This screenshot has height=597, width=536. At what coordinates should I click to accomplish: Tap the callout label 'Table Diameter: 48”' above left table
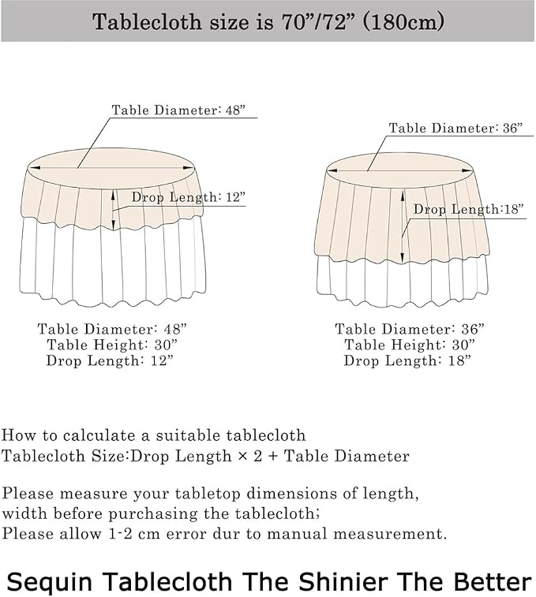[178, 110]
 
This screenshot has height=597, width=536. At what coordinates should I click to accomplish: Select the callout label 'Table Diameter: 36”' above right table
[455, 128]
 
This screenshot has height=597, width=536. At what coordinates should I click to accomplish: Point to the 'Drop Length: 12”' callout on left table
[189, 197]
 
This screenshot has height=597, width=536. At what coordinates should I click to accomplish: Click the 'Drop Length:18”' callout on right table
[469, 209]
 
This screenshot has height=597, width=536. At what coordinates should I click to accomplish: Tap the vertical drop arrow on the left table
[114, 210]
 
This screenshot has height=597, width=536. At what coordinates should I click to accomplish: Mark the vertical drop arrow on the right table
[403, 226]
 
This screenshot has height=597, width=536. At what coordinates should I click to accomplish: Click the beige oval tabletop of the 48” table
[111, 167]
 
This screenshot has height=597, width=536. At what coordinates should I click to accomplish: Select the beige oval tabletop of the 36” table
[400, 170]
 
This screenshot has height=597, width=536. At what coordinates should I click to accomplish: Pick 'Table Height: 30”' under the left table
[112, 345]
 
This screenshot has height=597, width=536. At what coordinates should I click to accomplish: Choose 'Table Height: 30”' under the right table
[410, 345]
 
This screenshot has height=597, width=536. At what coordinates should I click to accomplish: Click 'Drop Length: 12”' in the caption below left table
[110, 360]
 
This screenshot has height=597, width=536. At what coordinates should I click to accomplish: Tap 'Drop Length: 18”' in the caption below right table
[407, 360]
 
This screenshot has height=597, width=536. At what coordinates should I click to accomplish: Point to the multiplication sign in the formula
[242, 456]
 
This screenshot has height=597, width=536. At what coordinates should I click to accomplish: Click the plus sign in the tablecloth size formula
[273, 456]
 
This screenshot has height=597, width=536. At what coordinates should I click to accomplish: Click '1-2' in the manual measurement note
[121, 533]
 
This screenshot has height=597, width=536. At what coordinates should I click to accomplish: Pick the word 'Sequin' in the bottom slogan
[50, 582]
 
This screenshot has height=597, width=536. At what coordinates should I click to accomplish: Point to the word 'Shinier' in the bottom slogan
[343, 581]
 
